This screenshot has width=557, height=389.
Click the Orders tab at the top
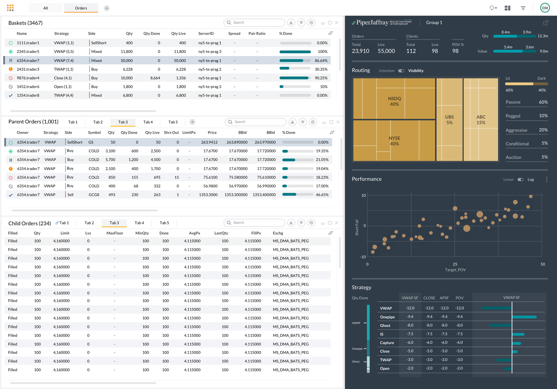[x=81, y=8]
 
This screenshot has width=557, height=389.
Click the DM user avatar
[x=545, y=8]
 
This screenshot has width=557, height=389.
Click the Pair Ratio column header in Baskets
[x=257, y=34]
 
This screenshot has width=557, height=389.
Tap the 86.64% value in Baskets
[x=321, y=60]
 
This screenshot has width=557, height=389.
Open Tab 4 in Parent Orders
[x=148, y=122]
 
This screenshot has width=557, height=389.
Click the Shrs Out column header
[x=171, y=132]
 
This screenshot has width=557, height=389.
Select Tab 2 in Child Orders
[x=89, y=223]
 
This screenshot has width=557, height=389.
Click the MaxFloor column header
[x=115, y=233]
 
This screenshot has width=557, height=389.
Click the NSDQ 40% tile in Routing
[x=394, y=101]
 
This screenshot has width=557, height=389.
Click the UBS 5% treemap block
[x=449, y=120]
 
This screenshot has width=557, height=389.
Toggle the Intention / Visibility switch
[x=401, y=71]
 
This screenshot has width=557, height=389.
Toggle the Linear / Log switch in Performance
[x=520, y=179]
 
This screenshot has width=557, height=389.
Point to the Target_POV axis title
[x=455, y=270]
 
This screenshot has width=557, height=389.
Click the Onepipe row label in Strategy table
[x=387, y=317]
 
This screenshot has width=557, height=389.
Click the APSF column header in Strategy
[x=444, y=298]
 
